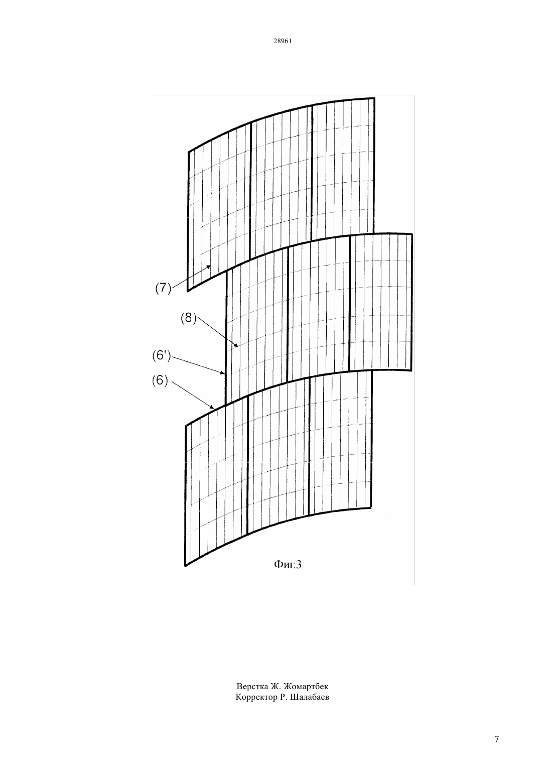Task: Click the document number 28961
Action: click(282, 41)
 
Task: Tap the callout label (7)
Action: click(163, 288)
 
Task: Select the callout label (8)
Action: click(189, 318)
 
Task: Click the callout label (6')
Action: click(162, 356)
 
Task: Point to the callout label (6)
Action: click(160, 380)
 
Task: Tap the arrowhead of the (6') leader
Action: click(223, 373)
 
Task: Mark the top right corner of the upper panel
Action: click(375, 98)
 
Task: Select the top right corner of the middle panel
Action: click(412, 234)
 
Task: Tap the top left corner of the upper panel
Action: click(189, 152)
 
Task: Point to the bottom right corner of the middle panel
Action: click(411, 370)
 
